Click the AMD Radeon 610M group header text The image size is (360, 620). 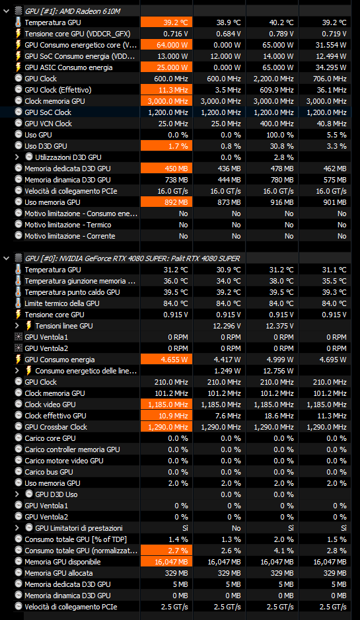72,11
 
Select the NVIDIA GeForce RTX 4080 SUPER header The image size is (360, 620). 132,258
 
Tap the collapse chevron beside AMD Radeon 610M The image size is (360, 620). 6,11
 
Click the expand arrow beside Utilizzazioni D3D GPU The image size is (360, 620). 17,157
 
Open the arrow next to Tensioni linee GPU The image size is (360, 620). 17,326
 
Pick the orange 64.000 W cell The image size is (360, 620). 166,45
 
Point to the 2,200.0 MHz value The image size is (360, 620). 272,79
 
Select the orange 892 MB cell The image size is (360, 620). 166,202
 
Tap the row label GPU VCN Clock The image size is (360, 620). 48,124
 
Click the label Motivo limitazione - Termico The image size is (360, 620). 68,225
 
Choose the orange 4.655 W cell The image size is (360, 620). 166,360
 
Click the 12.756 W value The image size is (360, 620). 278,371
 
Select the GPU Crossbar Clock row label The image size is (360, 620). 55,427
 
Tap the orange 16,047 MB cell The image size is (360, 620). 166,562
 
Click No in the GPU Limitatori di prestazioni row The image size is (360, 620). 236,528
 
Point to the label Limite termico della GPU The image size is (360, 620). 61,303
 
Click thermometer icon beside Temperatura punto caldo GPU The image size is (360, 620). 18,292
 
